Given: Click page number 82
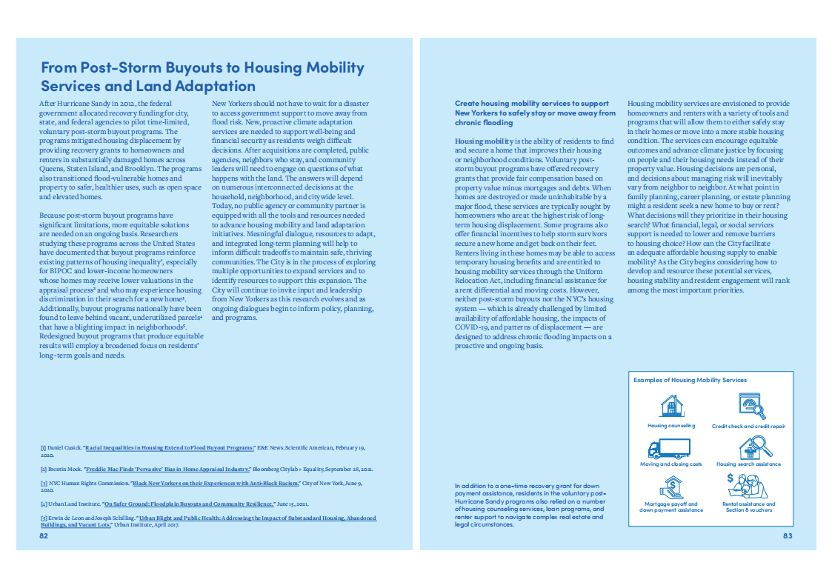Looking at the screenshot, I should (44, 535).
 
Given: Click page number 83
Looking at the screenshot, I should (788, 535).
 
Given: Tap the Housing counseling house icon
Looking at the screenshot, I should (671, 406).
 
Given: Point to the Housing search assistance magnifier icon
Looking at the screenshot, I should (751, 447).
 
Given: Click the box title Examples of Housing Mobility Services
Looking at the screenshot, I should (690, 380).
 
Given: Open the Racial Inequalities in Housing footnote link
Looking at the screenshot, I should (169, 448).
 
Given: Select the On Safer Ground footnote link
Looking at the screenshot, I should (189, 504).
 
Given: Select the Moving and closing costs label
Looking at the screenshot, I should (670, 464).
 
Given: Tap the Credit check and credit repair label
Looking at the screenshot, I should (748, 427).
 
